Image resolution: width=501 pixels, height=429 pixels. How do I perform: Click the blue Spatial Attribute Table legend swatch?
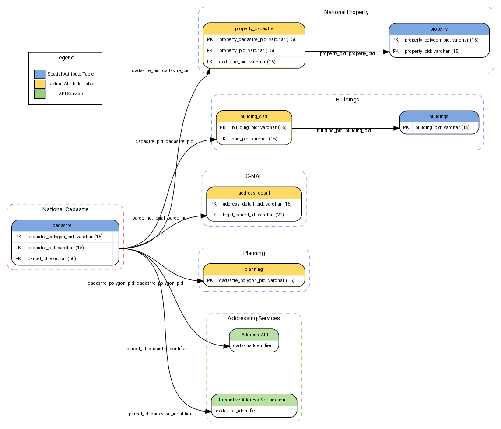coord(39,74)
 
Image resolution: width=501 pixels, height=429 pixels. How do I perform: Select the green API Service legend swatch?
coord(39,94)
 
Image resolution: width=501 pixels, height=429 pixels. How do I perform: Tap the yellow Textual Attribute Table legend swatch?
coord(39,84)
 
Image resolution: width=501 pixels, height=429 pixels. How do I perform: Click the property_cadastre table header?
coord(254,29)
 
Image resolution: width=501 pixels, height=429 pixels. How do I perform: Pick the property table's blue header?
coord(439,29)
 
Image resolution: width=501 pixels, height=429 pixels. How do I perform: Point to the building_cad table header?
coord(254,117)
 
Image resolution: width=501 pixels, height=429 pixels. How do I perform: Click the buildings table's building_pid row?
coord(439,128)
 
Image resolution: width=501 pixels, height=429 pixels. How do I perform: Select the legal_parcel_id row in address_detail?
coord(254,215)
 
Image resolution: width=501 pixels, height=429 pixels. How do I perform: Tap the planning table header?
coord(254,269)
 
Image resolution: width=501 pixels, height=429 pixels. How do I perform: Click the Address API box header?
coord(254,335)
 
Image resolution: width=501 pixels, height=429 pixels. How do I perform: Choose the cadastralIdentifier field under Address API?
coord(252,346)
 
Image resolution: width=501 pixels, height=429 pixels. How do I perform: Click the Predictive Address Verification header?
coord(254,400)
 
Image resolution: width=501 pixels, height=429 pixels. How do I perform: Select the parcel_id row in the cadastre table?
coord(65,259)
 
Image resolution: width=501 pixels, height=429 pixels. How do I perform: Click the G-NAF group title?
coord(254,176)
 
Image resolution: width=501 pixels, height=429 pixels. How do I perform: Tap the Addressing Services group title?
coord(254,318)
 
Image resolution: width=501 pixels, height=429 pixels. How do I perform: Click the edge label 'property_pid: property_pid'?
coord(347,54)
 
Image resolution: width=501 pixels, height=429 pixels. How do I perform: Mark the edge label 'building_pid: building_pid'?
coord(343,131)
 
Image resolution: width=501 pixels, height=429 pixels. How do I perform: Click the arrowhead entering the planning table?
coord(200,280)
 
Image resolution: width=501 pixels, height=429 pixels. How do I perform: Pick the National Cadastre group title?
coord(65,209)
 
